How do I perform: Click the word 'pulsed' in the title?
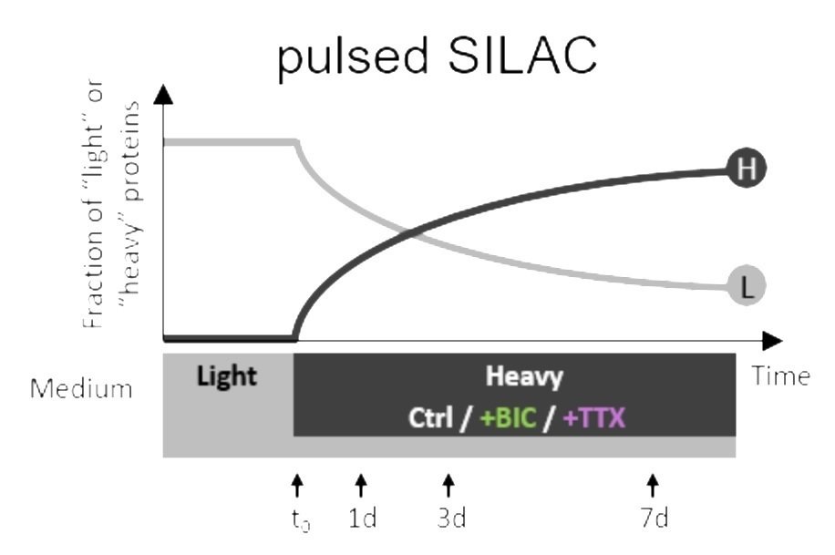pos(353,57)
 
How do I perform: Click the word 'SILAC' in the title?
pos(522,55)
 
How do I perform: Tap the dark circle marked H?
pos(747,169)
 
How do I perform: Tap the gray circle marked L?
pos(747,286)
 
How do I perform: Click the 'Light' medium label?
pos(227,376)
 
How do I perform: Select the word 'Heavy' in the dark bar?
pos(524,377)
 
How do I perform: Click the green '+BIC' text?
pos(508,417)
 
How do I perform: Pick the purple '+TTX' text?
pos(593,417)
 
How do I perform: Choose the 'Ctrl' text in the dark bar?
pos(430,417)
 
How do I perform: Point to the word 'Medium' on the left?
pos(81,389)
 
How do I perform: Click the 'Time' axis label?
pos(780,376)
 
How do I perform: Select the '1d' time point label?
pos(363,518)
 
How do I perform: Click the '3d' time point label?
pos(451,518)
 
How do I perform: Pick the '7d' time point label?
pos(655,518)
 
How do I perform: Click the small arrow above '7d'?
pos(653,485)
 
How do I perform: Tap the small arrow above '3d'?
pos(448,485)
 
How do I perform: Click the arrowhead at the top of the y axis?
pos(163,94)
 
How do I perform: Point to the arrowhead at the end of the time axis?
pos(773,341)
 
